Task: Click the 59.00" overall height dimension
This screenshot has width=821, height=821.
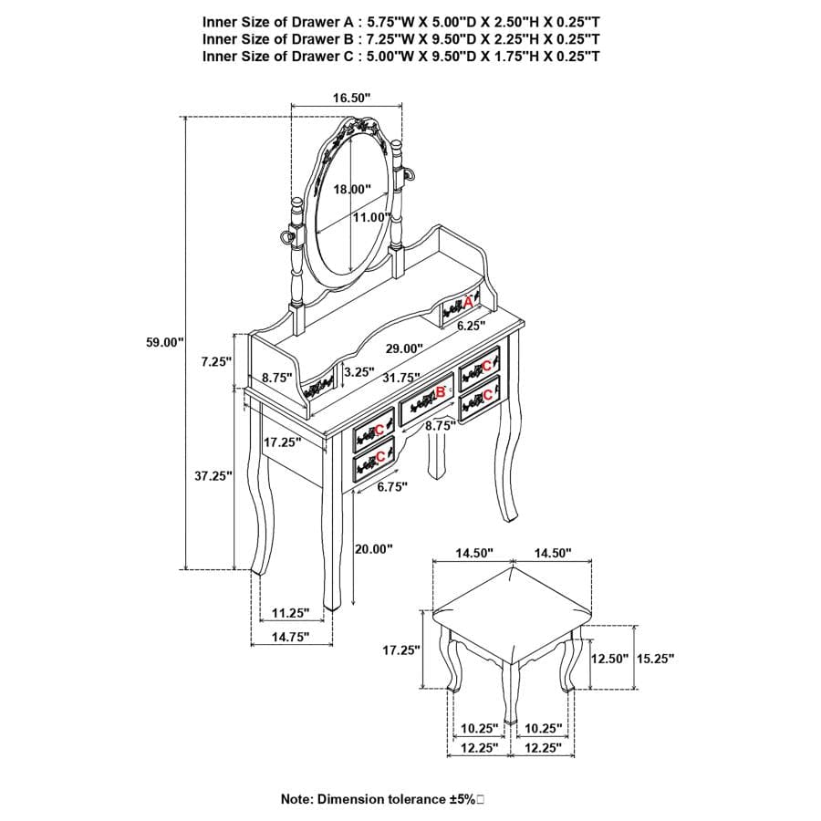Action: point(165,342)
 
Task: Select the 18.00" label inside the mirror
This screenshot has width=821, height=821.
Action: point(352,189)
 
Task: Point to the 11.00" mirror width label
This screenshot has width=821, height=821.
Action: point(371,217)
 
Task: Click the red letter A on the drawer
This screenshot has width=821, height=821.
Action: point(468,302)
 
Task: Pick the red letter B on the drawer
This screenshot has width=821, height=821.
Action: point(441,390)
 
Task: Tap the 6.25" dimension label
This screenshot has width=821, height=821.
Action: point(472,326)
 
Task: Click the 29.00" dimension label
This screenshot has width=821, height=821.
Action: point(404,348)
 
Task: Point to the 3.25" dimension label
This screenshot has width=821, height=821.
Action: point(359,372)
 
